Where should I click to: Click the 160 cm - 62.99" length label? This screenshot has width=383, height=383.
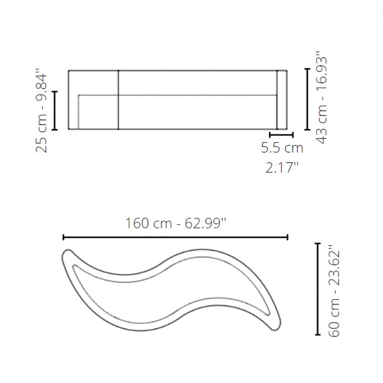176,223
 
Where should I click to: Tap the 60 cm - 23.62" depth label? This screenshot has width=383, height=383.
334,291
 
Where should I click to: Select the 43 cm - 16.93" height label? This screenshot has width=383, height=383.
321,97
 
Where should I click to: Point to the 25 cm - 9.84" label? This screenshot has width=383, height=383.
41,110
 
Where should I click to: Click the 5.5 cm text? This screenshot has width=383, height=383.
282,148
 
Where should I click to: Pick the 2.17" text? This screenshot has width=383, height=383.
282,168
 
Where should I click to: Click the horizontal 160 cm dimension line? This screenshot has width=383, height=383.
176,237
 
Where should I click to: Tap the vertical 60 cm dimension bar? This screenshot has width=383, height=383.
318,289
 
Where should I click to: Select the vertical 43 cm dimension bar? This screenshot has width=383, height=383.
307,99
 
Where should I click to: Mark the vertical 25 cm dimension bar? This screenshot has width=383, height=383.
55,110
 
